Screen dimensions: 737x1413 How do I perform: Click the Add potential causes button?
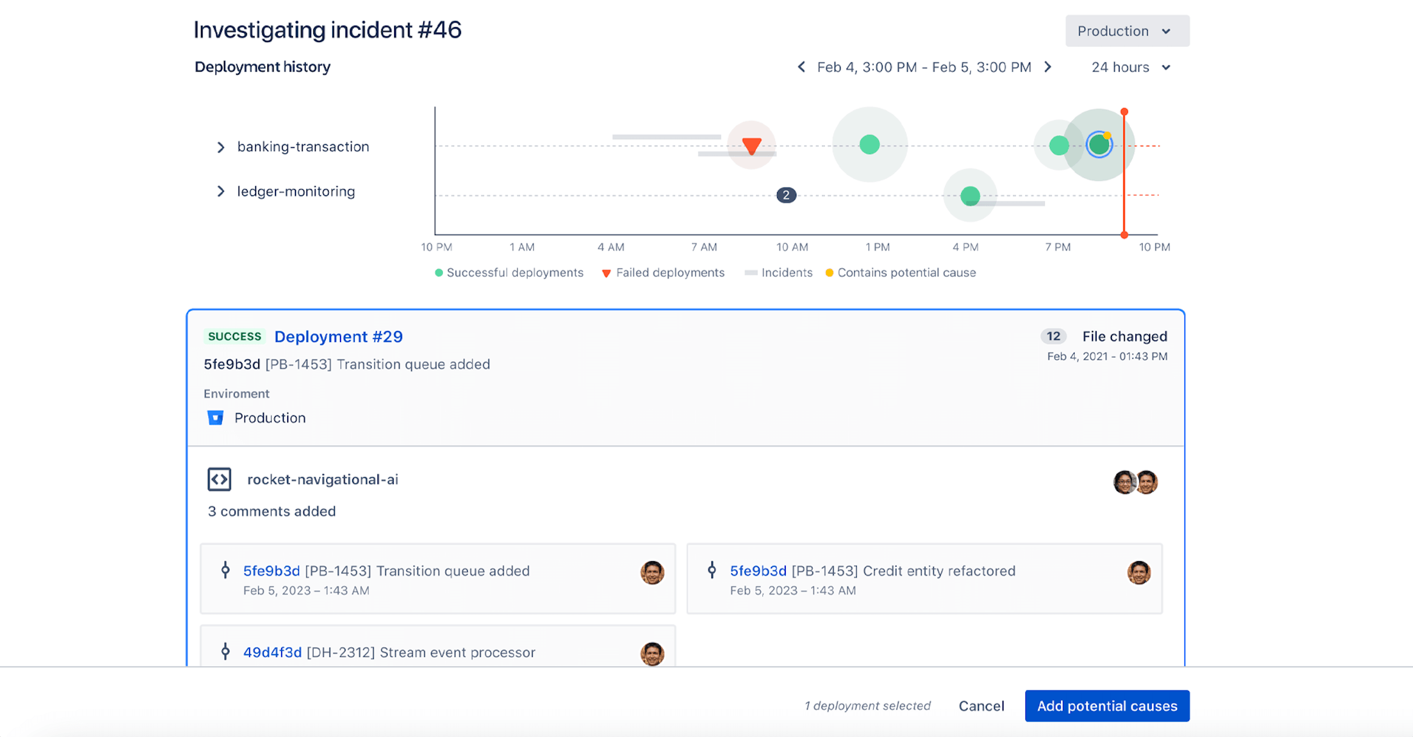coord(1106,706)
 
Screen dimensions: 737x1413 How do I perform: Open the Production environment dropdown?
coord(1127,31)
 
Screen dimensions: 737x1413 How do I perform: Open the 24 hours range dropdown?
coord(1130,67)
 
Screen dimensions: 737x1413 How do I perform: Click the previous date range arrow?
coord(802,67)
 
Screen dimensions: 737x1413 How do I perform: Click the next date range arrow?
coord(1047,67)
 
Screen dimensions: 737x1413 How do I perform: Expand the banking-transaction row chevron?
coord(220,147)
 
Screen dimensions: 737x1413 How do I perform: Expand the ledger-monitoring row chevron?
coord(220,191)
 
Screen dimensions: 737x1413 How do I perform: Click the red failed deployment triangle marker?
coord(751,145)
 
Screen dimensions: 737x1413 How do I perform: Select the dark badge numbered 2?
coord(786,195)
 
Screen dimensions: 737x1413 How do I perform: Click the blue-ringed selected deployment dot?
coord(1099,145)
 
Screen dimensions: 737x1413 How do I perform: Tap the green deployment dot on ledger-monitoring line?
coord(970,196)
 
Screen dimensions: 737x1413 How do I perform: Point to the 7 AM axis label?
coord(704,247)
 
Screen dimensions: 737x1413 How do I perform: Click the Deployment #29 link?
coord(338,337)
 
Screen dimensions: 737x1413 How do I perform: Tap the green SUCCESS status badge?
coord(234,337)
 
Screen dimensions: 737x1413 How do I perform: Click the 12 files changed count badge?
coord(1053,336)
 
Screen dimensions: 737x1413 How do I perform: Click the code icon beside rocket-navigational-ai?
coord(219,479)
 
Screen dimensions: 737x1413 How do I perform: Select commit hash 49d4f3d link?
coord(272,653)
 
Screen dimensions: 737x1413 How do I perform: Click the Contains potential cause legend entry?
coord(901,272)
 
